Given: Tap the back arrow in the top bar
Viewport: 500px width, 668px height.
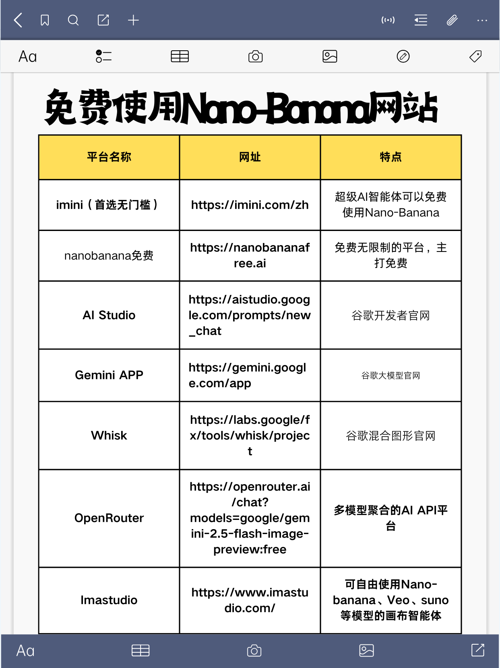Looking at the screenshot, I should (x=18, y=20).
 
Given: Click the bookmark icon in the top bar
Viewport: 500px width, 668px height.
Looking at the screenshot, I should (x=45, y=20).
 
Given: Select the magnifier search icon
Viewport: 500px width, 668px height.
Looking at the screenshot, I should (x=73, y=20).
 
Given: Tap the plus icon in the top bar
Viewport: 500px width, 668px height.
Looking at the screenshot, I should (x=133, y=20).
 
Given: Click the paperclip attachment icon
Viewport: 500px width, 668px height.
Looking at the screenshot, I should (x=452, y=20).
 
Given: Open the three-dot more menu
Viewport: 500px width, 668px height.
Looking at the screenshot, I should (x=482, y=20).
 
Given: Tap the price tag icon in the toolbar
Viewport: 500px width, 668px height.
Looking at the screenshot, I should (x=475, y=56).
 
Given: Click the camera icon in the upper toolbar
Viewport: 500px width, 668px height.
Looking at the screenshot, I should (x=255, y=56).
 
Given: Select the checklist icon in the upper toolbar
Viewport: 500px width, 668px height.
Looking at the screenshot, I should (x=103, y=56).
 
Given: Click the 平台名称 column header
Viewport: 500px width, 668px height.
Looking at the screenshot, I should (x=109, y=157).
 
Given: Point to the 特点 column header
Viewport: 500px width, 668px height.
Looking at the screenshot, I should (x=390, y=157).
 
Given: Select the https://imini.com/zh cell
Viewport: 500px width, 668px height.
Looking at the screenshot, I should (x=250, y=205).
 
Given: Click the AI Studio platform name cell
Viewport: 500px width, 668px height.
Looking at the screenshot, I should (x=109, y=315).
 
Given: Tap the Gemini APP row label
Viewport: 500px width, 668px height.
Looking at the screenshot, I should (x=109, y=375).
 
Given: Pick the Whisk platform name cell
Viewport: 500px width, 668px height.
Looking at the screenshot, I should (x=109, y=435).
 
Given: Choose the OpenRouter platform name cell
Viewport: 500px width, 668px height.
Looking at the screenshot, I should (x=109, y=518).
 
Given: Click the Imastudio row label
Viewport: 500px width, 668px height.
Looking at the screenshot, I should (x=109, y=600).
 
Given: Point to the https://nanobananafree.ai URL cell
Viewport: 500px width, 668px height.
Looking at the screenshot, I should (x=250, y=255).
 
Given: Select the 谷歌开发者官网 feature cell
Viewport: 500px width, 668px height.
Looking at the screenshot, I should (x=390, y=315).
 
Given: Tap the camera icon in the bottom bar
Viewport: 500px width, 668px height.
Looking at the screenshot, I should (x=254, y=651).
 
